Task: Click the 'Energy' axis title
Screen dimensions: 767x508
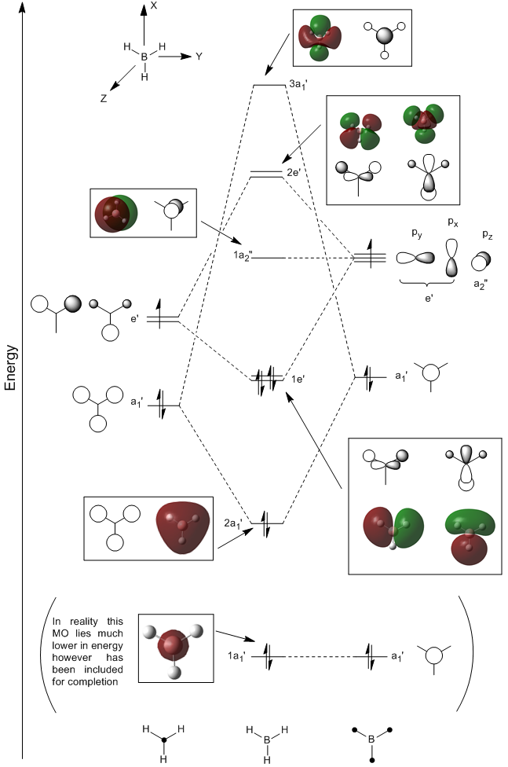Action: click(x=10, y=369)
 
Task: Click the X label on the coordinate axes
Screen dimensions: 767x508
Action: click(x=154, y=6)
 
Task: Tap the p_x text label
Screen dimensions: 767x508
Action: click(x=453, y=222)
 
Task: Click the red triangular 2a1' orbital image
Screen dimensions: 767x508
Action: click(x=184, y=529)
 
